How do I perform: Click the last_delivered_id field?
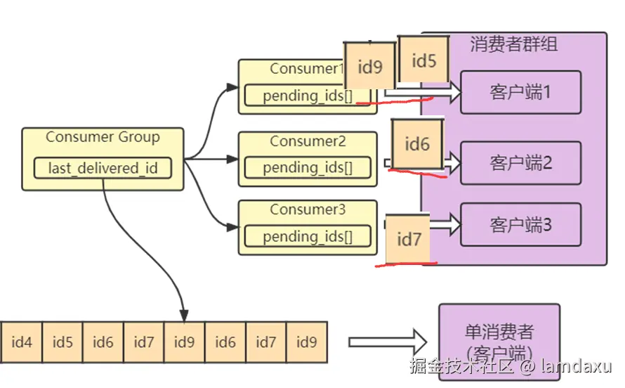click(x=103, y=168)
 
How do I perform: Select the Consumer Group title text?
click(x=103, y=137)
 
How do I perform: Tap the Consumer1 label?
click(x=306, y=69)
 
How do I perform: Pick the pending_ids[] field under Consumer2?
click(x=308, y=167)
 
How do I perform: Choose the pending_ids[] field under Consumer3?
click(x=308, y=236)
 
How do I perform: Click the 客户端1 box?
click(x=520, y=93)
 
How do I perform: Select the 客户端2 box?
click(x=520, y=162)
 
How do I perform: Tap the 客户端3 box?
click(x=520, y=225)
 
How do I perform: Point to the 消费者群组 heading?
click(x=514, y=44)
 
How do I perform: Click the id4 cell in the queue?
click(x=22, y=342)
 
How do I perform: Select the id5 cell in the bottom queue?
click(x=63, y=342)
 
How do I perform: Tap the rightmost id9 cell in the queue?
click(x=306, y=342)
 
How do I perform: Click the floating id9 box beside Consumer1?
click(x=370, y=66)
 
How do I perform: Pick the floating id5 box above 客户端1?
click(x=423, y=60)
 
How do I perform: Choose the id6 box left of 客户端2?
click(x=417, y=144)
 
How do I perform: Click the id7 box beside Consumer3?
click(x=408, y=239)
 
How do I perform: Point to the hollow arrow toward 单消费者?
click(x=388, y=342)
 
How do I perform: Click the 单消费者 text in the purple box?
click(x=499, y=332)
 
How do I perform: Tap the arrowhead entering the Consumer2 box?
click(x=232, y=159)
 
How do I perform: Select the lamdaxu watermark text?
click(x=577, y=366)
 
